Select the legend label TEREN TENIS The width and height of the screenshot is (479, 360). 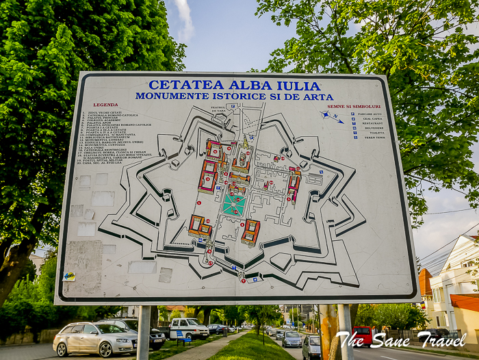coord(374,137)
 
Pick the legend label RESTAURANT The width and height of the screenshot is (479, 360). coord(373,123)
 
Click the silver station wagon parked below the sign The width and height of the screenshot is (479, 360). coord(95,338)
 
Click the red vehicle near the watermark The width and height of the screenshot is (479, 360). coord(364,335)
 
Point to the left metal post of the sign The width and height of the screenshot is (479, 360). coord(144,333)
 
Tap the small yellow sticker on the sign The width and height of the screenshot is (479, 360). coord(70,276)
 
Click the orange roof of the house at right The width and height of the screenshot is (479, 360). coord(465,302)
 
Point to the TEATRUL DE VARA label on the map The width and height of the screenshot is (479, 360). coord(218,109)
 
